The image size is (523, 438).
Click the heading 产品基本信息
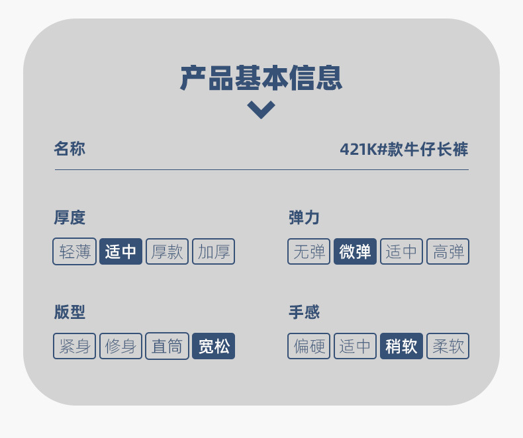tap(261, 78)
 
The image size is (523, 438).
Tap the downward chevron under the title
tap(261, 109)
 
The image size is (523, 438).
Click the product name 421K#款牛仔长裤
tap(404, 150)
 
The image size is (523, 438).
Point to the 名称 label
tap(70, 149)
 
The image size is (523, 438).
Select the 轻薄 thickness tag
tap(75, 251)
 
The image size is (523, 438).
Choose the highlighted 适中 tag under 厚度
tap(121, 251)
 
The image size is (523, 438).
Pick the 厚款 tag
tap(167, 251)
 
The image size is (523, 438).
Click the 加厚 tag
tap(214, 251)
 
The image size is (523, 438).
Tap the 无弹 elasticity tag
tap(309, 251)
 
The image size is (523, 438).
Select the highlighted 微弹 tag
tap(356, 251)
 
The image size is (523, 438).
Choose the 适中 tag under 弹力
tap(402, 251)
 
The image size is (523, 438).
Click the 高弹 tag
tap(448, 251)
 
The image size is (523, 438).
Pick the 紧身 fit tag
tap(75, 346)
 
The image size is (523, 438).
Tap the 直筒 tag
tap(167, 346)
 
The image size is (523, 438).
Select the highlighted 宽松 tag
tap(214, 346)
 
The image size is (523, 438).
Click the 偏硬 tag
tap(309, 346)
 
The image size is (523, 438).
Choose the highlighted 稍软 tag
tap(402, 346)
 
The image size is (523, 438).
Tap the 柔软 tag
tap(448, 346)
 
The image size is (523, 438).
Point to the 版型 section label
tap(70, 312)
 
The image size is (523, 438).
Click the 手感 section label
tap(305, 312)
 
